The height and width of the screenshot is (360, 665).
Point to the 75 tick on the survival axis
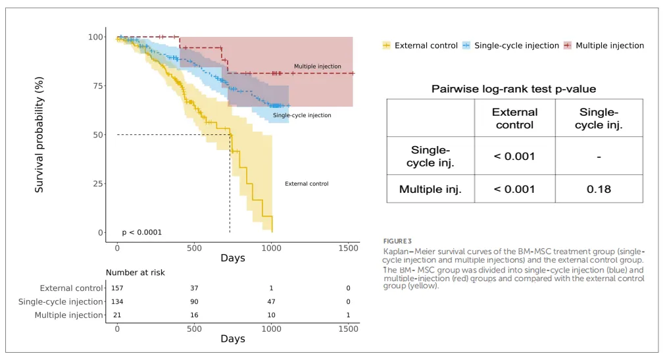[x=97, y=86]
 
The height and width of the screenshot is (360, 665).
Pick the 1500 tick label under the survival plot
[x=348, y=248]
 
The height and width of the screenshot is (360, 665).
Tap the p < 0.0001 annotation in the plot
[x=141, y=232]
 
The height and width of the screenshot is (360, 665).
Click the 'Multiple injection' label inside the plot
[x=317, y=66]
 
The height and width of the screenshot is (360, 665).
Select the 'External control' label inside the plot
[x=307, y=184]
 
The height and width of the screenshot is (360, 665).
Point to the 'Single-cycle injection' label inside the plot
[x=302, y=115]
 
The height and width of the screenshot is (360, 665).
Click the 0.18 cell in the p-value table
[x=599, y=189]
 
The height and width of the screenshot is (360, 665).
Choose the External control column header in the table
[x=514, y=118]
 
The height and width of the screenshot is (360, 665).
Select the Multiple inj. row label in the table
[x=430, y=189]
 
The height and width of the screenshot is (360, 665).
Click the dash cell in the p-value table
[x=599, y=156]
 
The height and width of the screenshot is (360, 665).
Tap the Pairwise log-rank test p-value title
[x=514, y=89]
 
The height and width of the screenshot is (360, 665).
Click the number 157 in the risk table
[x=117, y=288]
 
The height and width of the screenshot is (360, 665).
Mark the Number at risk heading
[x=135, y=272]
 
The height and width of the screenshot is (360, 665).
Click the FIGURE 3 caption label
[x=397, y=241]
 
